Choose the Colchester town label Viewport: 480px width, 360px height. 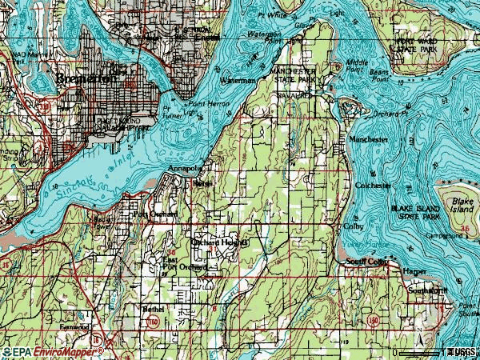pos(373,185)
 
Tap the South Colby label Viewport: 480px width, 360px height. pos(366,262)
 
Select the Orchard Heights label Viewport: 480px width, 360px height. pos(220,241)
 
